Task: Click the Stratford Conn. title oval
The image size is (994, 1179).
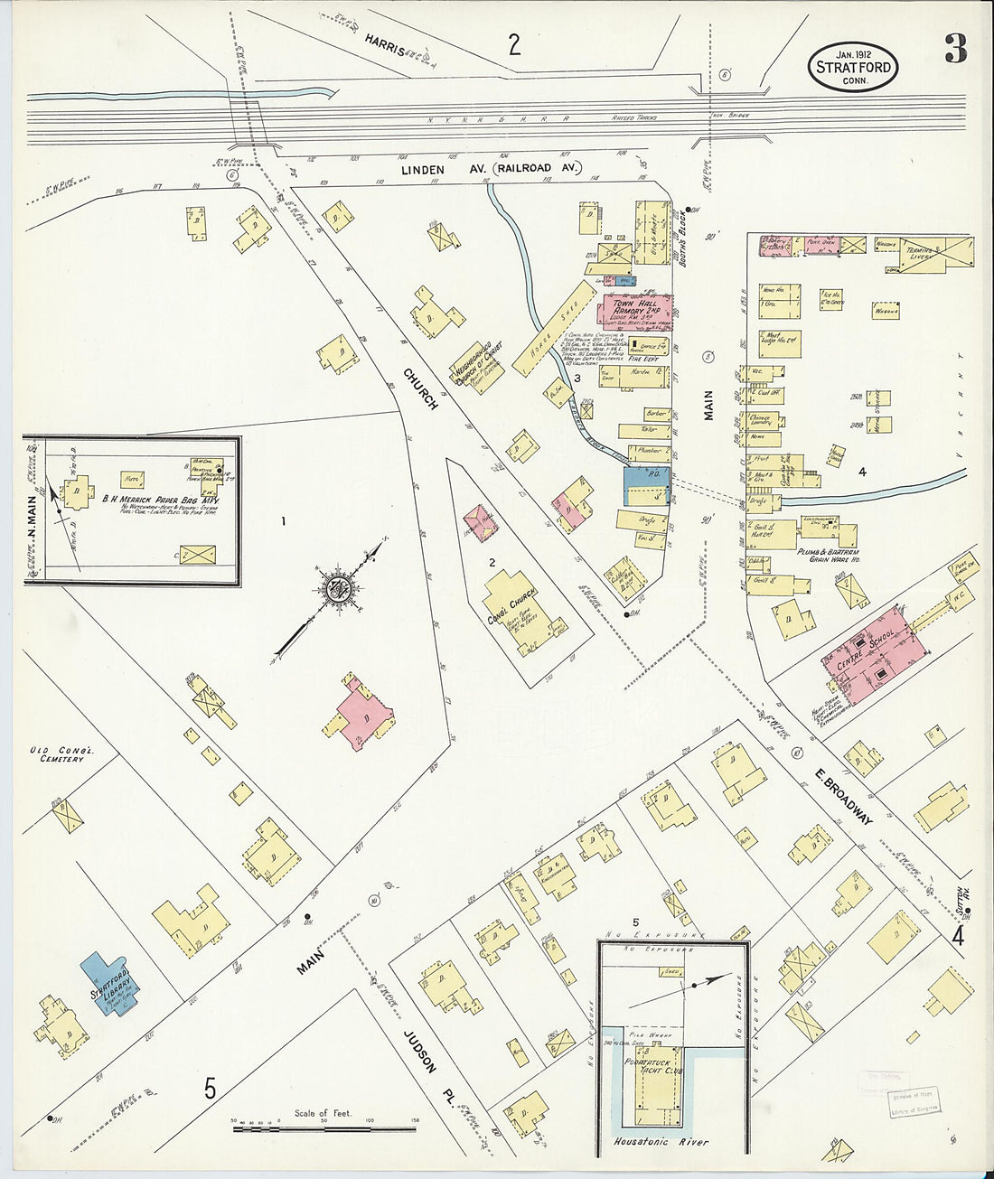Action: (853, 67)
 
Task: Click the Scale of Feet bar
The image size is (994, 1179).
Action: (324, 1128)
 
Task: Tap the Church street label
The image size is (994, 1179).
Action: (421, 389)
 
